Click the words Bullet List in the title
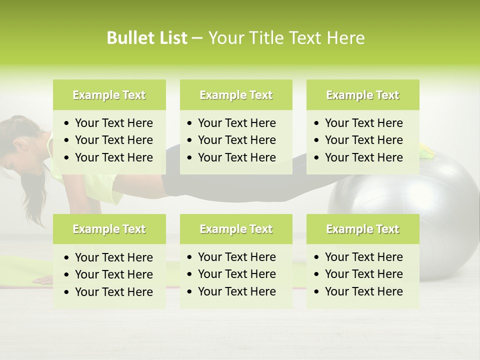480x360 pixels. coord(147,38)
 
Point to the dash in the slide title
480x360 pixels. coord(197,38)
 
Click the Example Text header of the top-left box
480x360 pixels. coord(109,95)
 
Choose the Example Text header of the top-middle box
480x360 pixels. coord(236,95)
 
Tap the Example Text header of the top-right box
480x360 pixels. coord(362,95)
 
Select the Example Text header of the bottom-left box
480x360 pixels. coord(109,229)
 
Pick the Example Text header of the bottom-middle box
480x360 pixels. coord(236,229)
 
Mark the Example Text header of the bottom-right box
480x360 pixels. coord(362,229)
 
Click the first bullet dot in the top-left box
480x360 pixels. coord(67,123)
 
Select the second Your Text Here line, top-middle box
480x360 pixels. coord(236,140)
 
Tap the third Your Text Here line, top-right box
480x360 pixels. coord(363,157)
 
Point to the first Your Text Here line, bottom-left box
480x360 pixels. coord(113,257)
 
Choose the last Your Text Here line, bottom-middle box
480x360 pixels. coord(236,291)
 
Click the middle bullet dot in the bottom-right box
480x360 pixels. coord(316,274)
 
